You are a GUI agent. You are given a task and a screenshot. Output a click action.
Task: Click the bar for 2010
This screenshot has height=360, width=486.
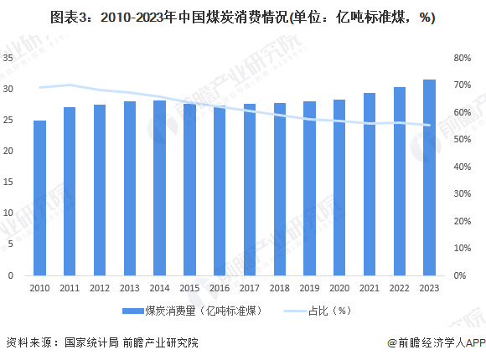coord(40,198)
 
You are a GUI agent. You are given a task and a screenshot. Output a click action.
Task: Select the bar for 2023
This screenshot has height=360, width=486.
coord(429,177)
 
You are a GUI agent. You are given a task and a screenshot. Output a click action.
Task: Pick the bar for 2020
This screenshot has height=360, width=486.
coord(339,188)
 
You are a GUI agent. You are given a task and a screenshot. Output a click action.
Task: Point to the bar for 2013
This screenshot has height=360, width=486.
coord(130,188)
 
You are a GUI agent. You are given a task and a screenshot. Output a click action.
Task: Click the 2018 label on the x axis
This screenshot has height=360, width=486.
coord(279,287)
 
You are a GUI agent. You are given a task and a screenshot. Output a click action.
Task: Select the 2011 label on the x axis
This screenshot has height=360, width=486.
coord(70,287)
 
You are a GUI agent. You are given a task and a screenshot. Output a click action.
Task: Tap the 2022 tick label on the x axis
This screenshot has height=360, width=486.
coord(399,287)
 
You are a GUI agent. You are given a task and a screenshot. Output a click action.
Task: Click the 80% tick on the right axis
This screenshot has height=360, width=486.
coord(463,58)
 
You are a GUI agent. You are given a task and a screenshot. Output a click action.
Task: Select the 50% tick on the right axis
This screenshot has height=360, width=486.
coord(463,140)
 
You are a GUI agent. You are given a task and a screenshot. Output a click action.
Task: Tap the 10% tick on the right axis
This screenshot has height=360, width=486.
coord(463,249)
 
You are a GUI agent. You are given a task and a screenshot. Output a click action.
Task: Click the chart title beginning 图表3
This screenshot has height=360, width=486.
coord(242,17)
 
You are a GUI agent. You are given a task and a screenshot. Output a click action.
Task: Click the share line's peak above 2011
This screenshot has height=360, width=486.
coord(70,85)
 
